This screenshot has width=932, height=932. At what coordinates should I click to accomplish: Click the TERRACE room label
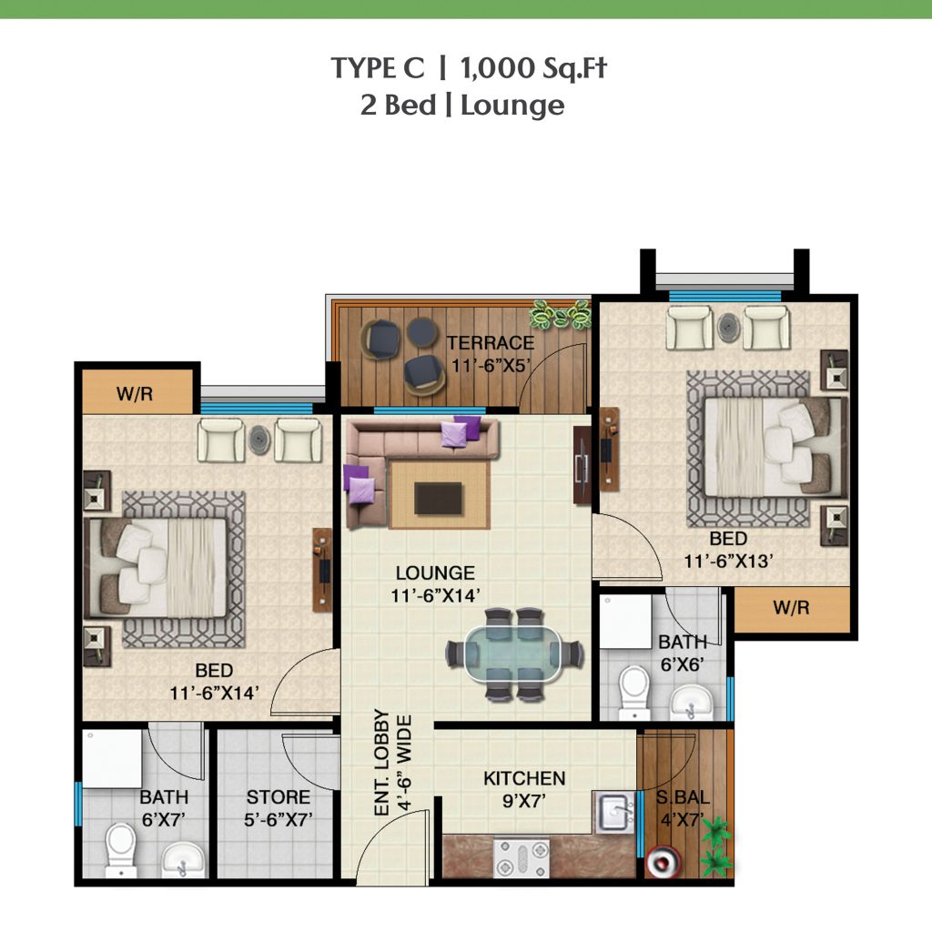pyautogui.click(x=491, y=343)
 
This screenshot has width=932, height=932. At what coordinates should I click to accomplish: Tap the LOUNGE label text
pyautogui.click(x=435, y=573)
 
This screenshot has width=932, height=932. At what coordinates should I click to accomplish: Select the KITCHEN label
pyautogui.click(x=523, y=779)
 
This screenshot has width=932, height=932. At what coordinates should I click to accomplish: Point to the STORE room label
pyautogui.click(x=279, y=797)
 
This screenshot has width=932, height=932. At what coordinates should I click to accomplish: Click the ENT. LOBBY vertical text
pyautogui.click(x=381, y=762)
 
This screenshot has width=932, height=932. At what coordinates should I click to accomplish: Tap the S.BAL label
pyautogui.click(x=683, y=797)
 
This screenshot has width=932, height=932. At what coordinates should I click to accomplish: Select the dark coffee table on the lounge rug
pyautogui.click(x=439, y=498)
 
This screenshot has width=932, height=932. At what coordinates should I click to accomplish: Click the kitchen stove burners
pyautogui.click(x=522, y=857)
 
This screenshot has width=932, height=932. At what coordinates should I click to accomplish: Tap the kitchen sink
pyautogui.click(x=615, y=812)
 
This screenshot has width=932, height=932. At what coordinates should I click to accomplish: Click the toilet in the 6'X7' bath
pyautogui.click(x=121, y=848)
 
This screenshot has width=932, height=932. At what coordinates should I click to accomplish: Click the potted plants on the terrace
pyautogui.click(x=561, y=314)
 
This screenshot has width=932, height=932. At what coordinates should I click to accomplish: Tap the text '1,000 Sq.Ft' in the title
pyautogui.click(x=533, y=67)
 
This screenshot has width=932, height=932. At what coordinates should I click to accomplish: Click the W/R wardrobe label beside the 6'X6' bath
pyautogui.click(x=791, y=608)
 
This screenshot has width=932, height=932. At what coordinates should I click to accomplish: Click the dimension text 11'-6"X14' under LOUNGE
pyautogui.click(x=435, y=595)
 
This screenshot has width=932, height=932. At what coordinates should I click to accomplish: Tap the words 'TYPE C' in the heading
pyautogui.click(x=378, y=67)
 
